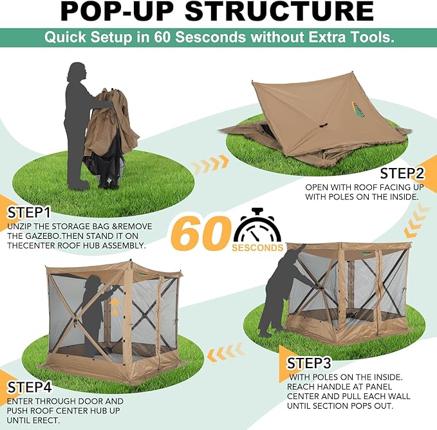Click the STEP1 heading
pos(29,213)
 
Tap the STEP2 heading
pos(402,174)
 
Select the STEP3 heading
pos(309,363)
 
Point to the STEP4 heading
pos(29,388)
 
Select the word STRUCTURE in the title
pos(279,11)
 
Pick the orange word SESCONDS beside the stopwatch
pos(257,248)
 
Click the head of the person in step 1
pos(77,71)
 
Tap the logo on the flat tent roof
pos(358,109)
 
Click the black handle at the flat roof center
pos(323,125)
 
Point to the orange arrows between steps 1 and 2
pos(210,164)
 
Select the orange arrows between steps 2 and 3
pos(416,220)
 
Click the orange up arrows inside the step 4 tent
pos(114,306)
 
